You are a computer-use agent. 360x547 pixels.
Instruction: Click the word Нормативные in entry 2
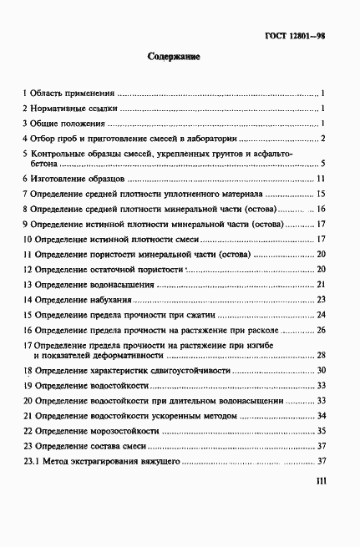[61, 108]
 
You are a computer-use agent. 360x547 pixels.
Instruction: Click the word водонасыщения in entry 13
[124, 285]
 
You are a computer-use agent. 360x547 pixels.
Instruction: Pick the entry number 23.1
[31, 461]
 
